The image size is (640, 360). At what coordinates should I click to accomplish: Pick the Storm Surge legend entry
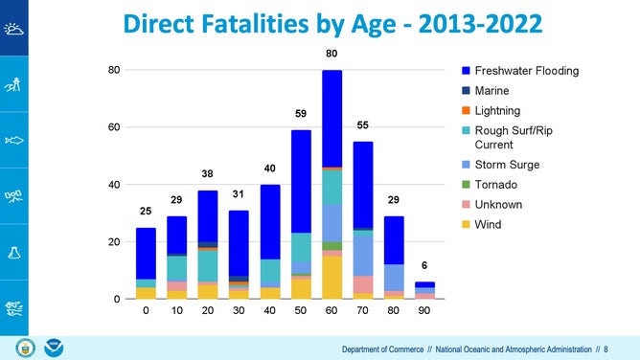pos(507,165)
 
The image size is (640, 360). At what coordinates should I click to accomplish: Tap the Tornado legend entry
pos(496,185)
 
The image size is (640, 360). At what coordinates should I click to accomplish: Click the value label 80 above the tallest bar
pos(331,55)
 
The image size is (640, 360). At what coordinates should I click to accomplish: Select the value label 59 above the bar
pos(301,114)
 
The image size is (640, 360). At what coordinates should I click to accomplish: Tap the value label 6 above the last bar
pos(424,265)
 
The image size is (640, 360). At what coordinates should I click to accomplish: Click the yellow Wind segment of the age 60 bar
pos(331,278)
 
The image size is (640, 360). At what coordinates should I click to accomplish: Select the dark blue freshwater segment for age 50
pos(301,182)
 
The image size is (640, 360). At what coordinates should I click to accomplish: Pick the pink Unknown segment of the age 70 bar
pos(362,284)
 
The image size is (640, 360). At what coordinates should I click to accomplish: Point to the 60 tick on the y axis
pos(112,127)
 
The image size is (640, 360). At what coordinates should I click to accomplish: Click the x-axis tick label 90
pos(424,311)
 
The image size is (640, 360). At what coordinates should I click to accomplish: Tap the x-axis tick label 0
pos(146,311)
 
